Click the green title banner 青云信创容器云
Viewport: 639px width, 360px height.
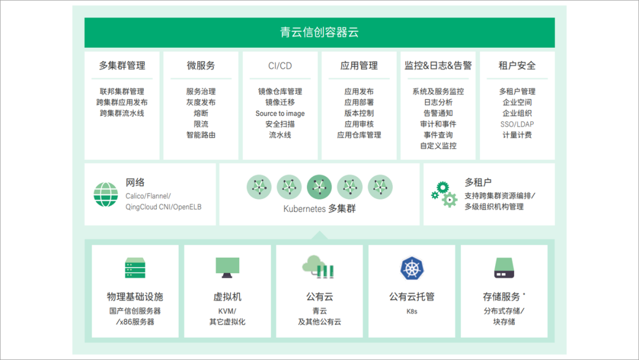click(319, 33)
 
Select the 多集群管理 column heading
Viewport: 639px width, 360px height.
click(122, 66)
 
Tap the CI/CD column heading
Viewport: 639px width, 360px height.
click(280, 66)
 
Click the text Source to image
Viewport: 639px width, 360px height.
click(280, 113)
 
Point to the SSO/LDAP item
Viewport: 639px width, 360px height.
click(517, 124)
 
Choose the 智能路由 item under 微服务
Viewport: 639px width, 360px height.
click(201, 135)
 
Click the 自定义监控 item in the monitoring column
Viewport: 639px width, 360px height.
click(438, 146)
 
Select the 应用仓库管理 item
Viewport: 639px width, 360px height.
click(359, 135)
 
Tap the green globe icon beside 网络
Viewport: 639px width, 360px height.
click(106, 194)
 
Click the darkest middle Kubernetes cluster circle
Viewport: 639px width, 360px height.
click(319, 187)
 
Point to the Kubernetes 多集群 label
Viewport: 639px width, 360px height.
click(319, 209)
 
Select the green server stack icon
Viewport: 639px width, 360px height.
click(135, 268)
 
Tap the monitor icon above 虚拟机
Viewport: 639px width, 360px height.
click(227, 268)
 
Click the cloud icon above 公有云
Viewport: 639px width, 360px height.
click(318, 267)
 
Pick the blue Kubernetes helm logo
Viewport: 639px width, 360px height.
click(412, 268)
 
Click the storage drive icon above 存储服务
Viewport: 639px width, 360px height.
click(504, 268)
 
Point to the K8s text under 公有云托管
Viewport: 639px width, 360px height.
click(412, 311)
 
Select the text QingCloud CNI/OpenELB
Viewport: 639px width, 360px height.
click(163, 207)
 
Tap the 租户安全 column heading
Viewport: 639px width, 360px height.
click(517, 66)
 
